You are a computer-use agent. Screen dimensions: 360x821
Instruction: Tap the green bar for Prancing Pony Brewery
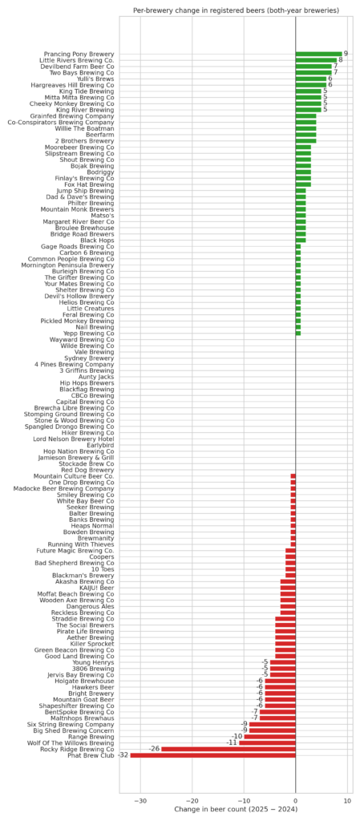pyautogui.click(x=318, y=54)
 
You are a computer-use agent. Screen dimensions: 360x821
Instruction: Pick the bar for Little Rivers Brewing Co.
pyautogui.click(x=316, y=60)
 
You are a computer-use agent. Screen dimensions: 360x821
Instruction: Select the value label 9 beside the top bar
pyautogui.click(x=346, y=54)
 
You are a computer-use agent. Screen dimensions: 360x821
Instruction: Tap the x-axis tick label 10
pyautogui.click(x=347, y=799)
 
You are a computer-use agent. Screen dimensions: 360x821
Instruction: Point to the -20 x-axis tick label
pyautogui.click(x=192, y=799)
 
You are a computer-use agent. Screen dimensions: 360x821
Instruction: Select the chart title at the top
pyautogui.click(x=236, y=10)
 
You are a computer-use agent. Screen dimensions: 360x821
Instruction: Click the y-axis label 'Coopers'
pyautogui.click(x=102, y=557)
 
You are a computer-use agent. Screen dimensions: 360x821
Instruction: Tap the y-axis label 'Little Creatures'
pyautogui.click(x=91, y=309)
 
